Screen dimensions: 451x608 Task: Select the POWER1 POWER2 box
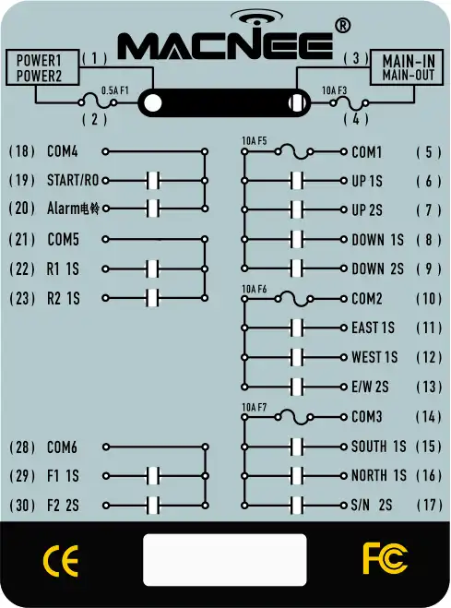(x=42, y=67)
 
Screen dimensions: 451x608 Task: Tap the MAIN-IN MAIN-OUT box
(x=407, y=67)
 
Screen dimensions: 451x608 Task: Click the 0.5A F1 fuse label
(x=114, y=90)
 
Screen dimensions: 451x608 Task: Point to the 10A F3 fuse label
(x=335, y=90)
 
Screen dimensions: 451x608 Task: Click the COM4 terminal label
(x=63, y=151)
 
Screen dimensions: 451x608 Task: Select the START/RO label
(x=73, y=180)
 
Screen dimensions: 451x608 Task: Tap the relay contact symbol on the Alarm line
(x=153, y=209)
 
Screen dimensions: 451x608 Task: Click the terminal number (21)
(x=22, y=240)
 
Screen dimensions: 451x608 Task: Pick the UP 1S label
(x=367, y=181)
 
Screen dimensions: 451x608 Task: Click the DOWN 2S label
(x=378, y=268)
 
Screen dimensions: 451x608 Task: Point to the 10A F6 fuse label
(x=255, y=290)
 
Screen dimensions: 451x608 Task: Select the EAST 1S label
(x=373, y=328)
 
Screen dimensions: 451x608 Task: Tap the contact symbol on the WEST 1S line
(x=297, y=357)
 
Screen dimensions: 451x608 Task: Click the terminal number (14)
(x=429, y=417)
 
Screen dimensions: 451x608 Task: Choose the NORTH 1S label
(x=378, y=475)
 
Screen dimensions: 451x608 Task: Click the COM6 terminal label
(x=62, y=447)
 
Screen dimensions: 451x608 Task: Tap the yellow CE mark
(x=61, y=561)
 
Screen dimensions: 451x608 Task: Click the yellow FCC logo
(x=385, y=558)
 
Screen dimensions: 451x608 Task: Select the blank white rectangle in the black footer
(x=225, y=559)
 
